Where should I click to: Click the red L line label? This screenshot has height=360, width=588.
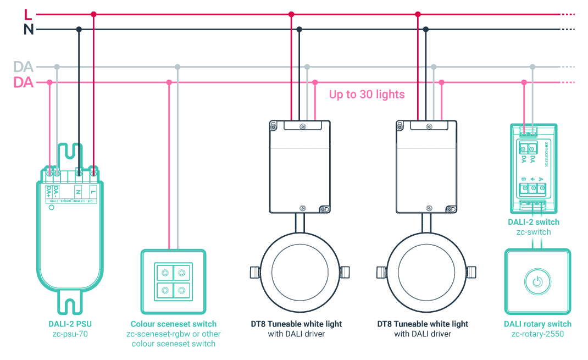[x=28, y=14]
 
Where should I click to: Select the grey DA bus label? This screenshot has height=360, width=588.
[x=24, y=67]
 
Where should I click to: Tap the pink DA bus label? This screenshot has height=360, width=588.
[x=24, y=83]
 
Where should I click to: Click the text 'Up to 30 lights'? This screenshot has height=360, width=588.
[x=367, y=95]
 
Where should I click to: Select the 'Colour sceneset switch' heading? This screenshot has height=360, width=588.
[x=174, y=324]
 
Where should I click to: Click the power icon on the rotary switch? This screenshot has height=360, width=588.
[x=537, y=282]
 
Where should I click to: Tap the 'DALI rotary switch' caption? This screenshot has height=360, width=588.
[x=537, y=324]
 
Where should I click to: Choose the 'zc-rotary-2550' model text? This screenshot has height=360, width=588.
[x=537, y=334]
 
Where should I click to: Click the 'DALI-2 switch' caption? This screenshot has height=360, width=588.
[x=534, y=222]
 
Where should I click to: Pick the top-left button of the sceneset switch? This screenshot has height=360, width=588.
[x=165, y=272]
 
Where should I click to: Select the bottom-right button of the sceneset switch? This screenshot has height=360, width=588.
[x=181, y=289]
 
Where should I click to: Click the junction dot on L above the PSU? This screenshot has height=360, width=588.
[x=93, y=14]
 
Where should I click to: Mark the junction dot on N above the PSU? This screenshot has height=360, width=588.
[x=79, y=29]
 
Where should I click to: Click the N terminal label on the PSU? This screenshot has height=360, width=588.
[x=79, y=192]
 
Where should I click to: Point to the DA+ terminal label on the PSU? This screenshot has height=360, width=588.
[x=49, y=192]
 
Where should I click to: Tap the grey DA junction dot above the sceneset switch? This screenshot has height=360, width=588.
[x=177, y=67]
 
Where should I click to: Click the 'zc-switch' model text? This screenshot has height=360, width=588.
[x=534, y=232]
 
